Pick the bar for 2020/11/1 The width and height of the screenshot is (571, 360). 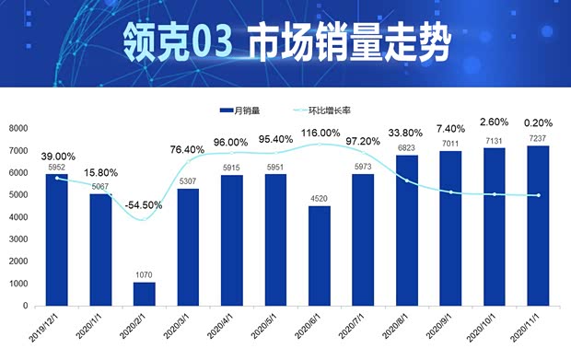(x=539, y=226)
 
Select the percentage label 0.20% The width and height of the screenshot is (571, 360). (x=538, y=122)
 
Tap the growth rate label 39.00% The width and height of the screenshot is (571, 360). (x=58, y=157)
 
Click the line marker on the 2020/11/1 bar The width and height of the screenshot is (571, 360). (x=539, y=195)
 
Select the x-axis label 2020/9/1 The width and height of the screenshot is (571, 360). (x=445, y=330)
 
